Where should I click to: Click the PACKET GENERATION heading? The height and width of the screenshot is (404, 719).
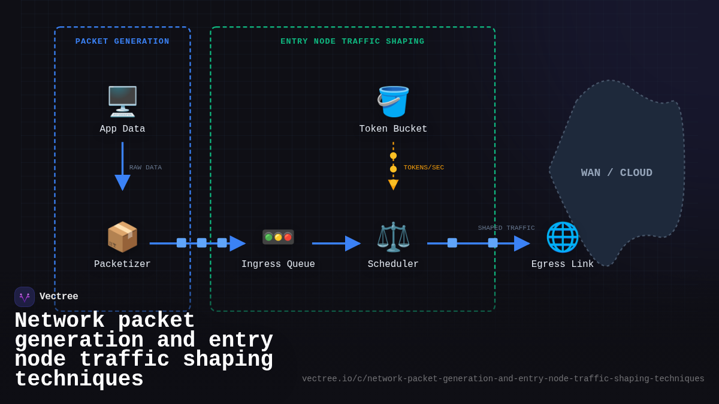122,41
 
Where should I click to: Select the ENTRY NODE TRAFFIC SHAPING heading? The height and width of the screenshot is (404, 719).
352,41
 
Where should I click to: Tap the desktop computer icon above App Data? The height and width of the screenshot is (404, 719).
122,101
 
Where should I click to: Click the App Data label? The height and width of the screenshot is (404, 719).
122,129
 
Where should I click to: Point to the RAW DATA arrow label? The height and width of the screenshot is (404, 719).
146,168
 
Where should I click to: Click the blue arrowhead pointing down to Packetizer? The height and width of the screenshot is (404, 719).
122,183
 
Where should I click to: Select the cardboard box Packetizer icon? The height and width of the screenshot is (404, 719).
122,236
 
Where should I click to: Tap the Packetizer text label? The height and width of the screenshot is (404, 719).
122,264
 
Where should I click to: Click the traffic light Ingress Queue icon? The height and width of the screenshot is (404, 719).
278,237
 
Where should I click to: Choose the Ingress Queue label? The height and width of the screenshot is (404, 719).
278,264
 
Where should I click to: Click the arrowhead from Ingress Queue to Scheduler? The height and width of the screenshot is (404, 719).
352,244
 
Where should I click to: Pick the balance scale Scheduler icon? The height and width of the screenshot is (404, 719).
393,236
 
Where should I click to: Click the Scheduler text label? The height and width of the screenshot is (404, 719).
393,264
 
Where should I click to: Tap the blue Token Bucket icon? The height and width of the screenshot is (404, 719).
393,101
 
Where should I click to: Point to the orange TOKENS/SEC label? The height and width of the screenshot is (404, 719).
424,168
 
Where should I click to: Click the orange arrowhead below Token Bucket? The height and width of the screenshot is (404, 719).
393,184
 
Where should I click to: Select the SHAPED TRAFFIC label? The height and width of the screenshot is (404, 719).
506,228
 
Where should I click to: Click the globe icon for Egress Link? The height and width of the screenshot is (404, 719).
562,236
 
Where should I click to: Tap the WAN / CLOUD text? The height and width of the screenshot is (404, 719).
617,173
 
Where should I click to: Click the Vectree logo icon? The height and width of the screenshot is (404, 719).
25,297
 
